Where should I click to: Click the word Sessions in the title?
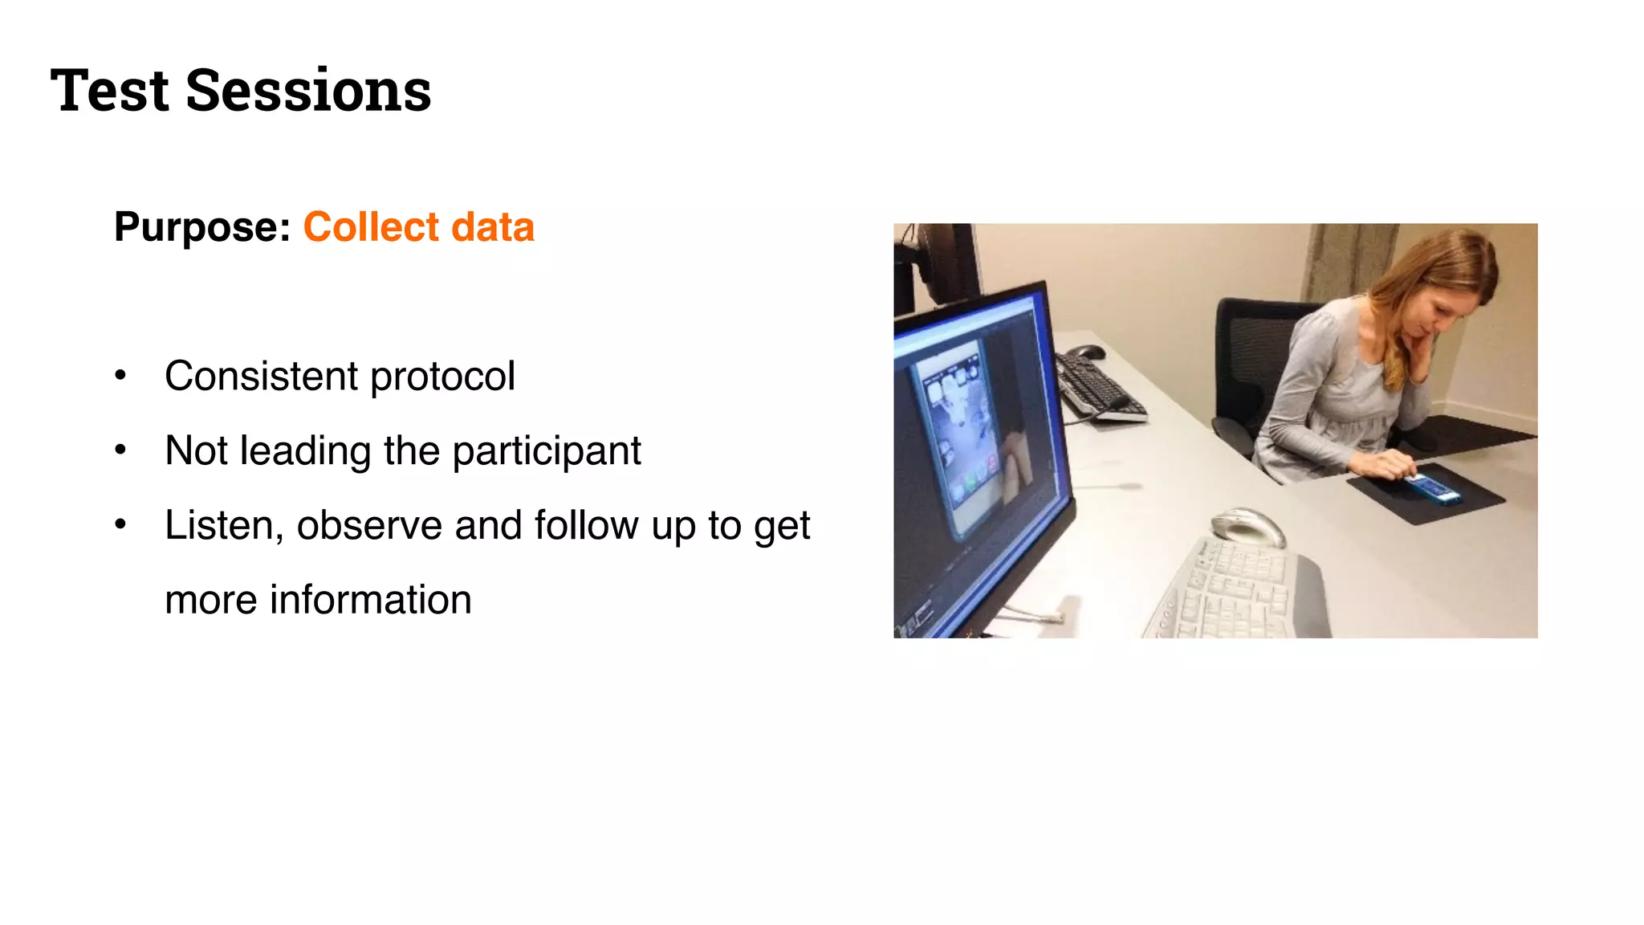[308, 90]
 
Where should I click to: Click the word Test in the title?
[109, 90]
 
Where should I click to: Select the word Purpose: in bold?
[202, 227]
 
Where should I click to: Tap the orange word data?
[492, 227]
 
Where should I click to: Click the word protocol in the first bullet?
[442, 377]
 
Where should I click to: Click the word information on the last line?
[370, 601]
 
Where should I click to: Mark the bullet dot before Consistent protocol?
[120, 376]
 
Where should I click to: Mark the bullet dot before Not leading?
[120, 450]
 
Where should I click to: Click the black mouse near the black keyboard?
[1089, 352]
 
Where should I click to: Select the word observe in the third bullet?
[369, 526]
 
